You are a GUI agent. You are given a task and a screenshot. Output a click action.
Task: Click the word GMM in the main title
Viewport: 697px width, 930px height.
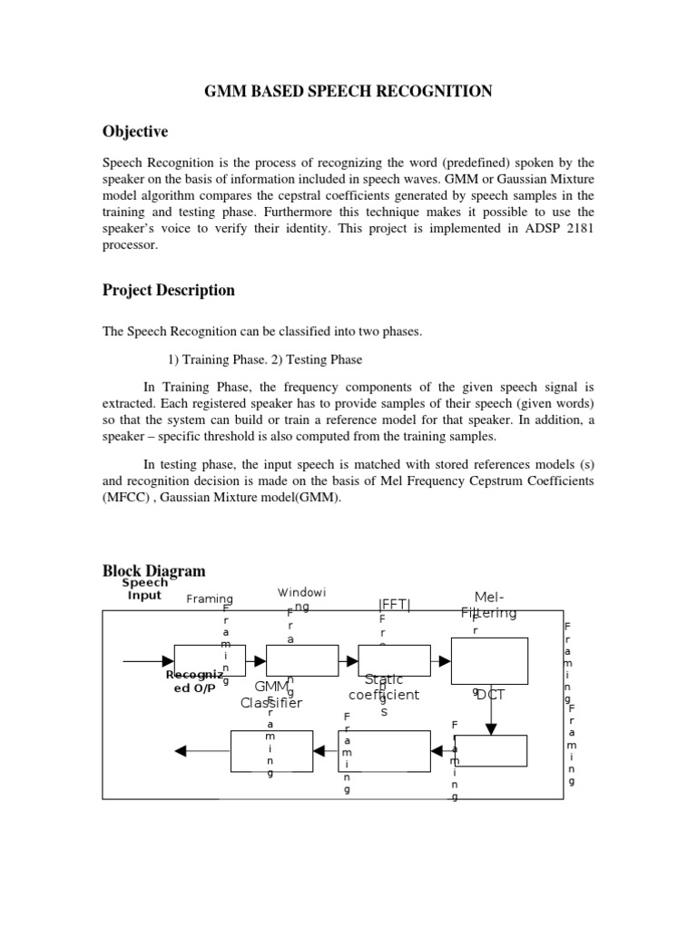225,91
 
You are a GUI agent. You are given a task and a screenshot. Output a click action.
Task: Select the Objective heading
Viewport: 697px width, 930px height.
135,133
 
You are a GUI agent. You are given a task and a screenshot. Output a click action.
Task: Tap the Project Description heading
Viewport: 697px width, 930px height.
168,291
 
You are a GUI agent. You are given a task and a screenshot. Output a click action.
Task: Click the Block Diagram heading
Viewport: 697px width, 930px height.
153,570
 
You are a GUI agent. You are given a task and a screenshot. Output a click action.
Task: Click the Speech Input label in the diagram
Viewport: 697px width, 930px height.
144,589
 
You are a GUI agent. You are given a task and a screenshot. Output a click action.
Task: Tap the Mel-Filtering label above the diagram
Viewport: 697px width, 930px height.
489,605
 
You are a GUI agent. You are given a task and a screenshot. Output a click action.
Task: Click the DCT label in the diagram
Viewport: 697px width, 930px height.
491,695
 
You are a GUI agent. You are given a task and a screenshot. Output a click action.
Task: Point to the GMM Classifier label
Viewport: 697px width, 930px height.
271,696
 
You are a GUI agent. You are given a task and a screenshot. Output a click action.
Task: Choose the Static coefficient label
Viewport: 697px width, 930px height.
384,688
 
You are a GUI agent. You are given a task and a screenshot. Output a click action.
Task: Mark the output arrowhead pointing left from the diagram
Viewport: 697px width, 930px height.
181,750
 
